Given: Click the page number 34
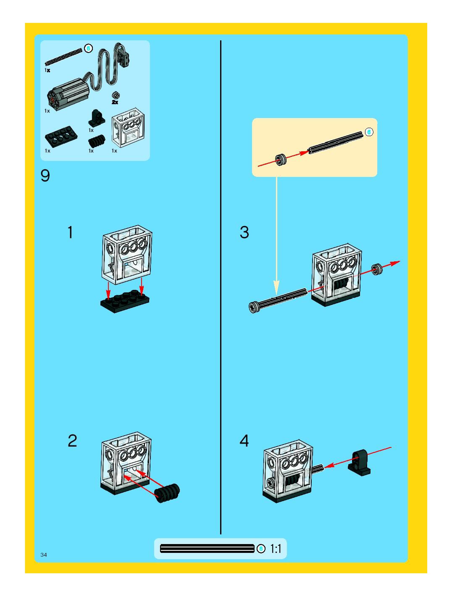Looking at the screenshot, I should point(43,555).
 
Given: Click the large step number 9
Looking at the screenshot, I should point(45,176).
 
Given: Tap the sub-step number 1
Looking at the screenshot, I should point(70,232).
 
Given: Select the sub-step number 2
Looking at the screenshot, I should point(72,441).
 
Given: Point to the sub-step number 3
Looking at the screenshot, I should point(244,232).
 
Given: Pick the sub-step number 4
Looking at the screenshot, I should point(244,441).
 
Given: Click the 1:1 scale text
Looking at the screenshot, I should point(276,549).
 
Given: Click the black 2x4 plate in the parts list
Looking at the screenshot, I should point(61,137).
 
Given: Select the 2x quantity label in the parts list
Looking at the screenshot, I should point(115,102).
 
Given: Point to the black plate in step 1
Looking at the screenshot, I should point(125,301).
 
